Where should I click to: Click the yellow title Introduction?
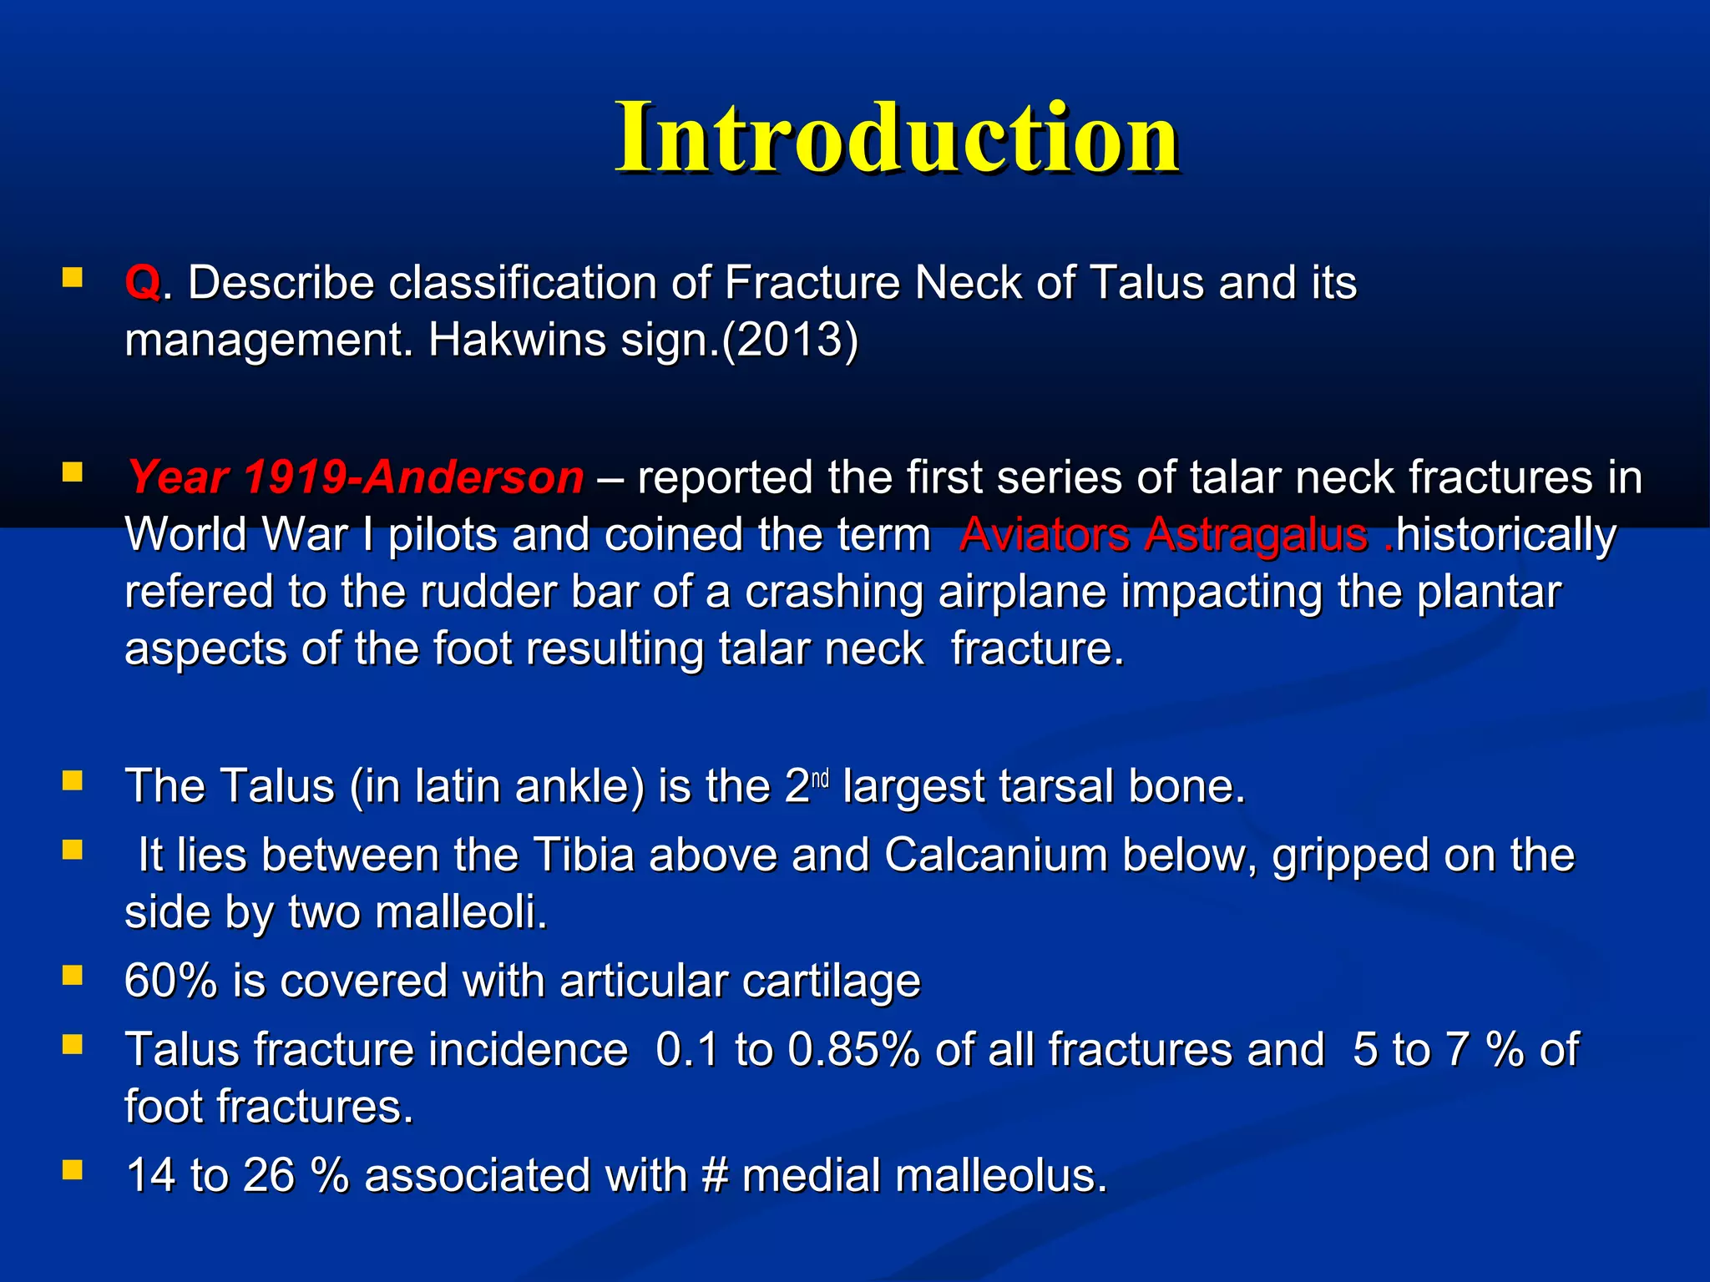pos(897,138)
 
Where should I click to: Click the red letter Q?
pos(142,283)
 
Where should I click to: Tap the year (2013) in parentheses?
pos(790,341)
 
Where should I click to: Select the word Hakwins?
pos(516,341)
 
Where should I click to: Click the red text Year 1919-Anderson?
pos(355,478)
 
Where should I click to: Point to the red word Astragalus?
pos(1255,535)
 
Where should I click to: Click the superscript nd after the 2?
pos(820,779)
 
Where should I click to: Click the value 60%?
pos(171,981)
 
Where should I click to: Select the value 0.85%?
pos(853,1050)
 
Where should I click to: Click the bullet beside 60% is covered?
pos(73,976)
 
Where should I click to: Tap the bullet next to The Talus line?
pos(73,781)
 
